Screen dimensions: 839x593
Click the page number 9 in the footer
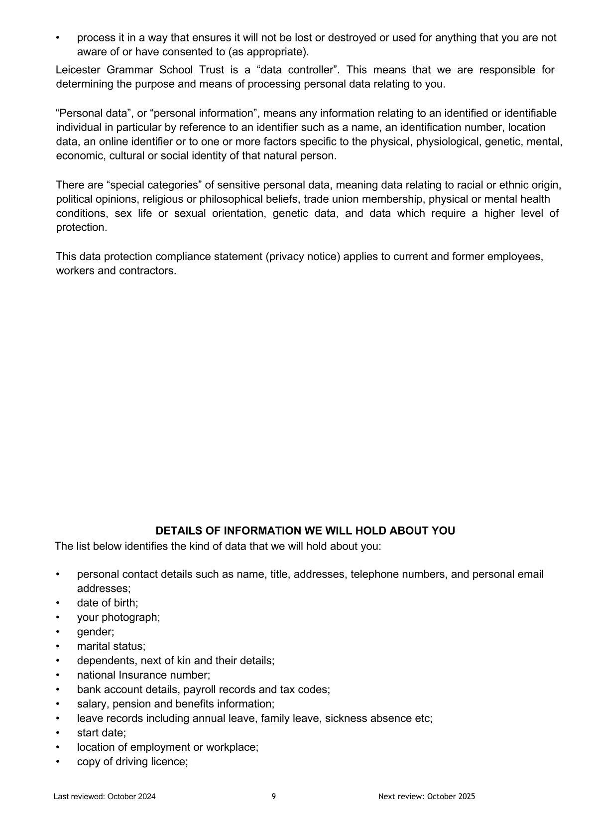[x=273, y=796]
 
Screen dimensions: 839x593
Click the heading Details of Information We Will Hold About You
[x=305, y=531]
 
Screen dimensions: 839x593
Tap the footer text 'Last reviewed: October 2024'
[x=105, y=796]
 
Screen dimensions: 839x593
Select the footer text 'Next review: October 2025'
[x=427, y=796]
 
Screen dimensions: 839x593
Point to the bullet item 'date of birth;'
[x=108, y=603]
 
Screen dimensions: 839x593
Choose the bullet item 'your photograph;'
[x=119, y=617]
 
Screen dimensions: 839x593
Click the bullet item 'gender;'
[x=96, y=632]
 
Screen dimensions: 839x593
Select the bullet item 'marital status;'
[x=111, y=646]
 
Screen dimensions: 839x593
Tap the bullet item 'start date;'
[x=102, y=733]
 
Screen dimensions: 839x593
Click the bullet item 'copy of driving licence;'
[x=132, y=762]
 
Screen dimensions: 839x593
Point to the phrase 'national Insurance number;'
[x=143, y=675]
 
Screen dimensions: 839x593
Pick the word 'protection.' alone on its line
[x=82, y=228]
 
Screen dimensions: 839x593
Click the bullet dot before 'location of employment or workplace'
[x=58, y=747]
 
